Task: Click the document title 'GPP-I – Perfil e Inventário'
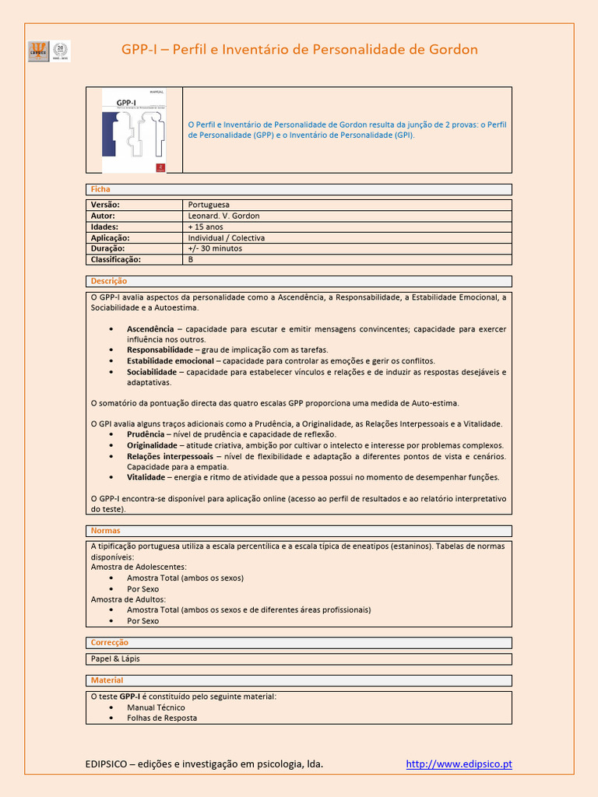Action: (x=299, y=50)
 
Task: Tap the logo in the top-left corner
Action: (x=49, y=51)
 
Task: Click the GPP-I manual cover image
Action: (x=134, y=130)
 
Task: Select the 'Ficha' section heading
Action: (x=100, y=189)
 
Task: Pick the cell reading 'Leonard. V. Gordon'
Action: (x=223, y=216)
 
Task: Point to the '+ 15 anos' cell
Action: (x=206, y=226)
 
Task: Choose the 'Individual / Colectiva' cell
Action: (x=227, y=237)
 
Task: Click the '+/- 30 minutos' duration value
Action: (x=215, y=248)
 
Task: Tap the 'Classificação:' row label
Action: (x=116, y=259)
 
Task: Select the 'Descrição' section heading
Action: (x=109, y=281)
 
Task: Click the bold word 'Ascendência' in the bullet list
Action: (x=150, y=329)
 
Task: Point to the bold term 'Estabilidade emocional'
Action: (x=170, y=361)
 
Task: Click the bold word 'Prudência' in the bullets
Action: (x=146, y=434)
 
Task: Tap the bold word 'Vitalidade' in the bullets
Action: (x=146, y=477)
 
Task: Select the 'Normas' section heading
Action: (x=106, y=530)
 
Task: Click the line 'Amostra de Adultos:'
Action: (x=128, y=599)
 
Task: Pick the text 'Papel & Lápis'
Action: (x=115, y=658)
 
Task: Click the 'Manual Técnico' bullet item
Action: (x=156, y=707)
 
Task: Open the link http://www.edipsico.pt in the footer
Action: (x=459, y=764)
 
